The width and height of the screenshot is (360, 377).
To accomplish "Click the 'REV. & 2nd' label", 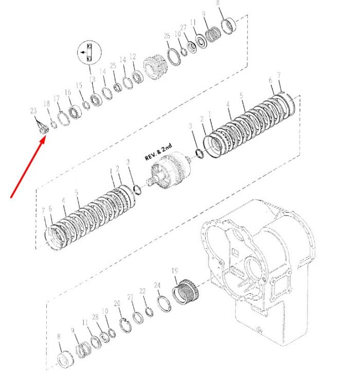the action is [158, 152].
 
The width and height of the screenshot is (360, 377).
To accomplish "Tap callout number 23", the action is [33, 110].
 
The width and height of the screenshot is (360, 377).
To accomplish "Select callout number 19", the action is [175, 271].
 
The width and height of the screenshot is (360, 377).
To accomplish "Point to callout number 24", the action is [157, 285].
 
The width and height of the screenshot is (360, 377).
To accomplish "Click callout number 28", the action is [95, 317].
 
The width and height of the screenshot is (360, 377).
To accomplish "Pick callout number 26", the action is [167, 36].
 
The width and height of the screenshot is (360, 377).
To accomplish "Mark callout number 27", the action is [183, 27].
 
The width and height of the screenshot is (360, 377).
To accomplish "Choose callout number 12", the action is [133, 56].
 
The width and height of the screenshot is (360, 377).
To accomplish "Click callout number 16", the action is [68, 92].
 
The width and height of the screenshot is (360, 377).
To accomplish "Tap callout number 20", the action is [117, 303].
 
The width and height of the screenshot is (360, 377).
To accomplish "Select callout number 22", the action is [142, 291].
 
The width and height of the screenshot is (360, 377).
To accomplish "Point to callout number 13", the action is [92, 79].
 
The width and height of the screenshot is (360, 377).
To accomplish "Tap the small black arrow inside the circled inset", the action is [83, 52].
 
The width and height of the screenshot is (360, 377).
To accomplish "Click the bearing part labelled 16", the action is [75, 112].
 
